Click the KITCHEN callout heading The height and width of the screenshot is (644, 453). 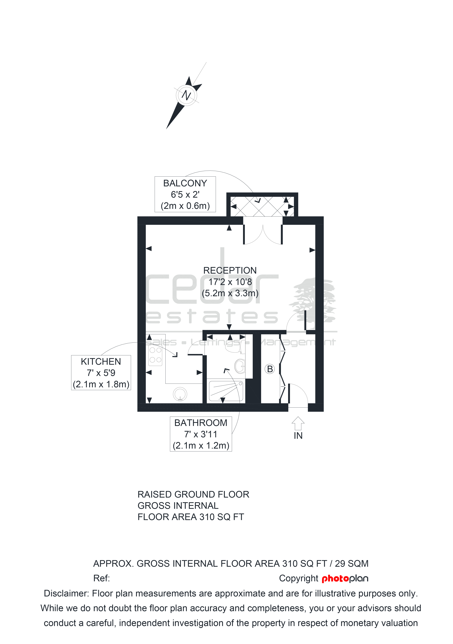pyautogui.click(x=101, y=362)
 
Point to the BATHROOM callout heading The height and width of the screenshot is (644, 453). pyautogui.click(x=201, y=423)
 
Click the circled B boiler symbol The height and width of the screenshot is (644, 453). pyautogui.click(x=270, y=369)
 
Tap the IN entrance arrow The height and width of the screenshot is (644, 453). pyautogui.click(x=298, y=423)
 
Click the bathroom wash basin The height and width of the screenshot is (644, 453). pyautogui.click(x=240, y=366)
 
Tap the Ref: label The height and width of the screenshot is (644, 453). pyautogui.click(x=101, y=578)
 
